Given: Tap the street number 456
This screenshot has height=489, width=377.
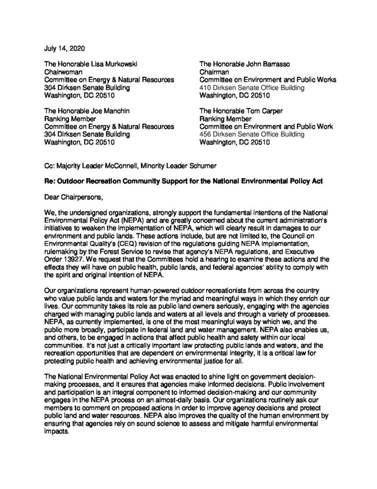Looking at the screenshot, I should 205,135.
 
